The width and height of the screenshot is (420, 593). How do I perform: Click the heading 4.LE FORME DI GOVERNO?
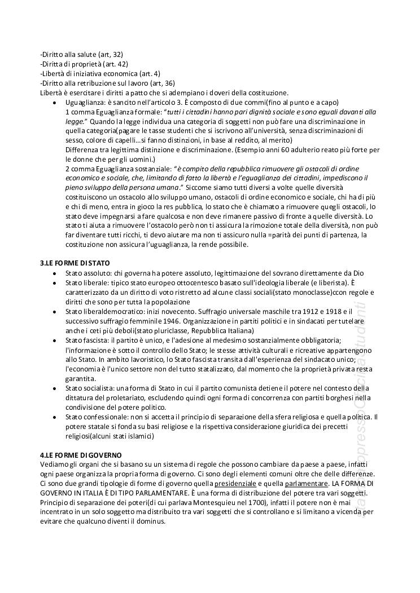(81, 454)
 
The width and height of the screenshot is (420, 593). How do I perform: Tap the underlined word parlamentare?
(306, 483)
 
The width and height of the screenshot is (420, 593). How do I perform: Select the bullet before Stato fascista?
(54, 340)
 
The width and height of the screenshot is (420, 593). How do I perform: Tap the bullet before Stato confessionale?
(54, 417)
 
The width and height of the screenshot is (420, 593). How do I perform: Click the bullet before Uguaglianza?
(54, 103)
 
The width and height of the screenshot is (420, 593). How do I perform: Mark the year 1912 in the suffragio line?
(296, 311)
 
